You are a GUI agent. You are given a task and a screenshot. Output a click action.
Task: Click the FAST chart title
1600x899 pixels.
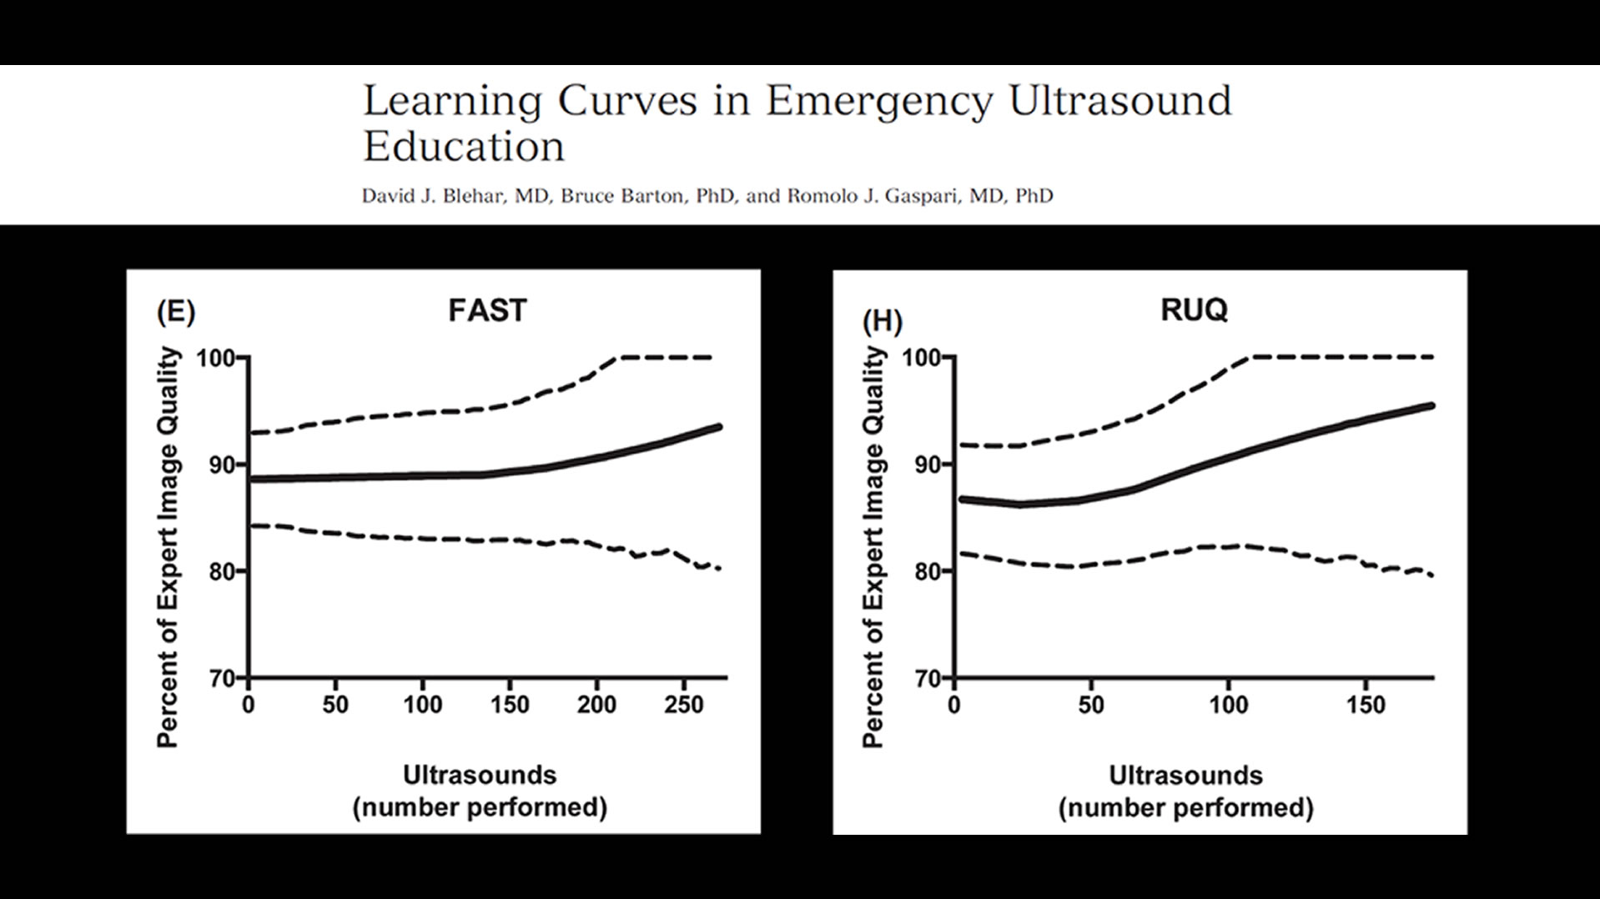coord(487,310)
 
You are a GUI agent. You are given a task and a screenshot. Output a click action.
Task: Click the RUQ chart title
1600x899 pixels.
coord(1194,309)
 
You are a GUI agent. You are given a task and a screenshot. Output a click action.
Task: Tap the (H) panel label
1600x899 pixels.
coord(882,321)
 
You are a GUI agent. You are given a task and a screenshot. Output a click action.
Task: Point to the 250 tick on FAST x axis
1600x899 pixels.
coord(683,705)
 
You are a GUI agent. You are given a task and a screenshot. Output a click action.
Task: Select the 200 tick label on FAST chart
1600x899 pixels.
coord(596,705)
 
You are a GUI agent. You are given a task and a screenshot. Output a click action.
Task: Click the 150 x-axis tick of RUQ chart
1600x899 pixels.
coord(1365,705)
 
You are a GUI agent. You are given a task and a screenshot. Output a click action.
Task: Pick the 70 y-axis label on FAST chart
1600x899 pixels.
coord(220,679)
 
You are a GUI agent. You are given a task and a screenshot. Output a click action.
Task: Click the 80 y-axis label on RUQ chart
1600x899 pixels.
coord(927,572)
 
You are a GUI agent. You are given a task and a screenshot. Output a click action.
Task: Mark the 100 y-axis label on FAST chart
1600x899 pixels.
coord(214,359)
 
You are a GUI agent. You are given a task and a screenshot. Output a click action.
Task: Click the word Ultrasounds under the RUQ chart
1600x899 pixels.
coord(1185,776)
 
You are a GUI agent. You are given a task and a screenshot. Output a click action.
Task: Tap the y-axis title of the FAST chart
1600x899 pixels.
coord(169,547)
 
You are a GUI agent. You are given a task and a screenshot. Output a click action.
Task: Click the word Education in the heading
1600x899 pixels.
coord(464,147)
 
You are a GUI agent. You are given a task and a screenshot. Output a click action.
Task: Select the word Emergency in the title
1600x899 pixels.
coord(879,102)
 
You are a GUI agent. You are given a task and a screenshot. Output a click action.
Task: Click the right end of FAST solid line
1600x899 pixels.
coord(718,427)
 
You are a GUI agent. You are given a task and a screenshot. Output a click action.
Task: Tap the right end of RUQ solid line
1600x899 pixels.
coord(1431,406)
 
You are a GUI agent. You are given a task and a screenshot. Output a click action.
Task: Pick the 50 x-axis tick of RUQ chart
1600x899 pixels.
coord(1090,705)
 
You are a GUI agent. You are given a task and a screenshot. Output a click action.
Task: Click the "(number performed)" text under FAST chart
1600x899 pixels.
coord(480,807)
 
